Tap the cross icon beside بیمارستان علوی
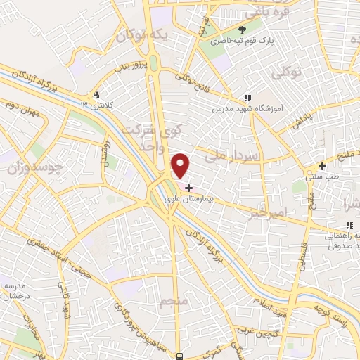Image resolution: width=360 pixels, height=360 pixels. [x=188, y=188]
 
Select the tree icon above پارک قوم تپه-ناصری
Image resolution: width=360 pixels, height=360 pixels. [x=243, y=30]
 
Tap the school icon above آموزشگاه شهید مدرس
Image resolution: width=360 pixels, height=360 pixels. [x=247, y=98]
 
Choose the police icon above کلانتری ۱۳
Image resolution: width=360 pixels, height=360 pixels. [x=96, y=94]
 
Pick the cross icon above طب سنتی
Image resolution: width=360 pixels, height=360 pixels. [x=322, y=167]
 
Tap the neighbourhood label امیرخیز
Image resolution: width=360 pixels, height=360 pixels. [x=269, y=211]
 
